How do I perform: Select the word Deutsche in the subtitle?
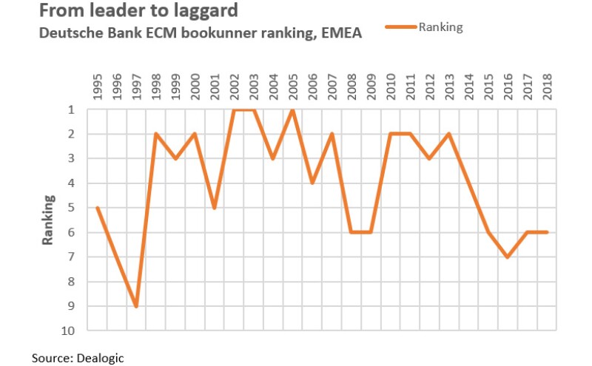tap(64, 33)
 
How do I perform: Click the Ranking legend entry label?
tap(440, 27)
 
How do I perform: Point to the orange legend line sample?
tap(401, 27)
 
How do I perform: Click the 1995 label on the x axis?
tap(98, 88)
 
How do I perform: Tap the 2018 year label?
tap(546, 88)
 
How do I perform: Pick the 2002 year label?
tap(234, 88)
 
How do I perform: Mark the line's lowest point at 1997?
tap(137, 306)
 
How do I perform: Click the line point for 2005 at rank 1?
tap(292, 109)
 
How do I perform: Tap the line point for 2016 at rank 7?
tap(507, 257)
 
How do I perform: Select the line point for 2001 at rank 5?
tap(215, 208)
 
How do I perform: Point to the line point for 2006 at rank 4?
tap(312, 183)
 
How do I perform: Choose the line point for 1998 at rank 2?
tap(156, 134)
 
